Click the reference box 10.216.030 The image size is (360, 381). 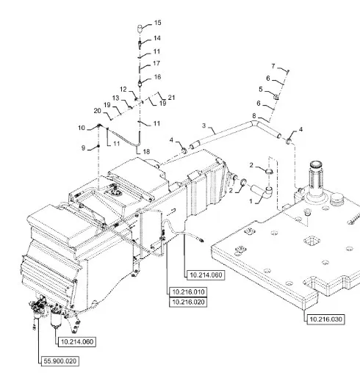click(x=325, y=319)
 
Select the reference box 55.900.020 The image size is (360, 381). click(x=60, y=361)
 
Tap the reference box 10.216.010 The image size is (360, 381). click(x=188, y=292)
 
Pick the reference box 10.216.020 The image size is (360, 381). click(x=188, y=302)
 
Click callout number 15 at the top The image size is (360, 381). click(x=158, y=23)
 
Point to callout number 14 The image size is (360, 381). click(x=157, y=38)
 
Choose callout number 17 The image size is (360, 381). click(x=156, y=63)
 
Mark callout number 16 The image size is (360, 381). click(x=157, y=77)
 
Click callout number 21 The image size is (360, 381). click(x=171, y=98)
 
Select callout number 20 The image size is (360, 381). click(x=98, y=111)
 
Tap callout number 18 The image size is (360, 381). click(x=146, y=152)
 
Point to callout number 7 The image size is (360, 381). click(x=273, y=66)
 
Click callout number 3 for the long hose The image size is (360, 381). click(x=204, y=126)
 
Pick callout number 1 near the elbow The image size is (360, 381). click(x=251, y=201)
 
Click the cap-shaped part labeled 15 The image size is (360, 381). click(x=140, y=29)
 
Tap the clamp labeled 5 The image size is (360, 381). click(x=276, y=97)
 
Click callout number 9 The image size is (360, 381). click(x=83, y=148)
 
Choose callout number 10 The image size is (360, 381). click(x=82, y=128)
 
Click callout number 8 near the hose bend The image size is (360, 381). click(x=254, y=116)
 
